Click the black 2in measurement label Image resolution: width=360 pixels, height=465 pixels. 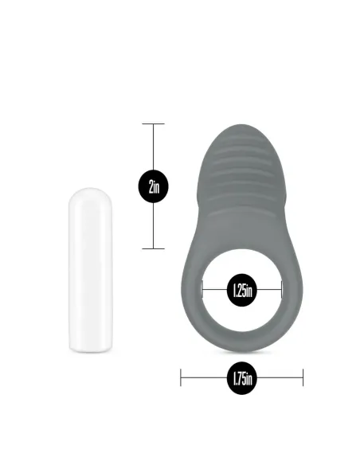coord(153,186)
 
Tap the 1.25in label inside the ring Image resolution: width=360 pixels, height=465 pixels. coord(241,290)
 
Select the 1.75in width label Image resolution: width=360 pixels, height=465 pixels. coord(241,377)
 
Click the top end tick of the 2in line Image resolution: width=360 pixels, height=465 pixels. coord(153,123)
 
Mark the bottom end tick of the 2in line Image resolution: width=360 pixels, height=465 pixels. coord(153,248)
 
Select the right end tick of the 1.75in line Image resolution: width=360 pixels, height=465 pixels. coord(303,377)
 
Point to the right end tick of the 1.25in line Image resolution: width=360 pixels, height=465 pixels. coord(281,290)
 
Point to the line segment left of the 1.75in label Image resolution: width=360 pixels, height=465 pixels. coord(203,377)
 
